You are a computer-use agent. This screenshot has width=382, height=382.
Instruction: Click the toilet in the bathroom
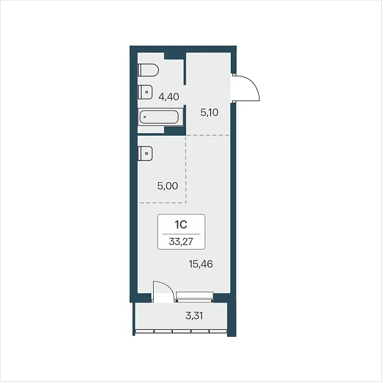(x=148, y=70)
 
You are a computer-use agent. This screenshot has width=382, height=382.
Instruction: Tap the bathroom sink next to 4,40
(x=145, y=92)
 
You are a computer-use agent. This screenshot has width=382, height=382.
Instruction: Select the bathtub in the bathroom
(x=160, y=117)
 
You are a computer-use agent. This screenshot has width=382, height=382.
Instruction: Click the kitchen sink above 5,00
(x=145, y=153)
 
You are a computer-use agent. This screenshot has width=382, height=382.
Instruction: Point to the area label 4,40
(x=168, y=97)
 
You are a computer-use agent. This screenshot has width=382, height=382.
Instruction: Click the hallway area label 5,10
(x=209, y=113)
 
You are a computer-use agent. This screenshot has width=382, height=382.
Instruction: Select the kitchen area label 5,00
(x=168, y=186)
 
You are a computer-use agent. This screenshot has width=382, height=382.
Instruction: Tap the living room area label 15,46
(x=201, y=264)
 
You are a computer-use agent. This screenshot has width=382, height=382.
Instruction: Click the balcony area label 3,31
(x=194, y=316)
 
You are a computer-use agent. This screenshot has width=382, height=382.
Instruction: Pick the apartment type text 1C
(x=181, y=225)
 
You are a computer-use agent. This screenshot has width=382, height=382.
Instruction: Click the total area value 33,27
(x=181, y=241)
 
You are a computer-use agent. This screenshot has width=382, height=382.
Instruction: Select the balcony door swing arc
(x=168, y=288)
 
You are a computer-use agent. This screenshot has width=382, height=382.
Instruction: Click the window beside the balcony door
(x=195, y=297)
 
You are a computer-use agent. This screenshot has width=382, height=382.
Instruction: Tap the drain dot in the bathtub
(x=145, y=117)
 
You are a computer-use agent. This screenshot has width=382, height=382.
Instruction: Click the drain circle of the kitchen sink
(x=147, y=153)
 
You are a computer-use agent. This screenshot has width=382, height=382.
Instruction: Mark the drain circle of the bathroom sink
(x=147, y=92)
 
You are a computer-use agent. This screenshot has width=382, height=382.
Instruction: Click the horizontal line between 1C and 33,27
(x=181, y=234)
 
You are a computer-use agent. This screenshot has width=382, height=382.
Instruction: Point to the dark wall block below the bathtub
(x=175, y=131)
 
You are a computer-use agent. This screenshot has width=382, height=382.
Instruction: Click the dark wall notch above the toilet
(x=174, y=56)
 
